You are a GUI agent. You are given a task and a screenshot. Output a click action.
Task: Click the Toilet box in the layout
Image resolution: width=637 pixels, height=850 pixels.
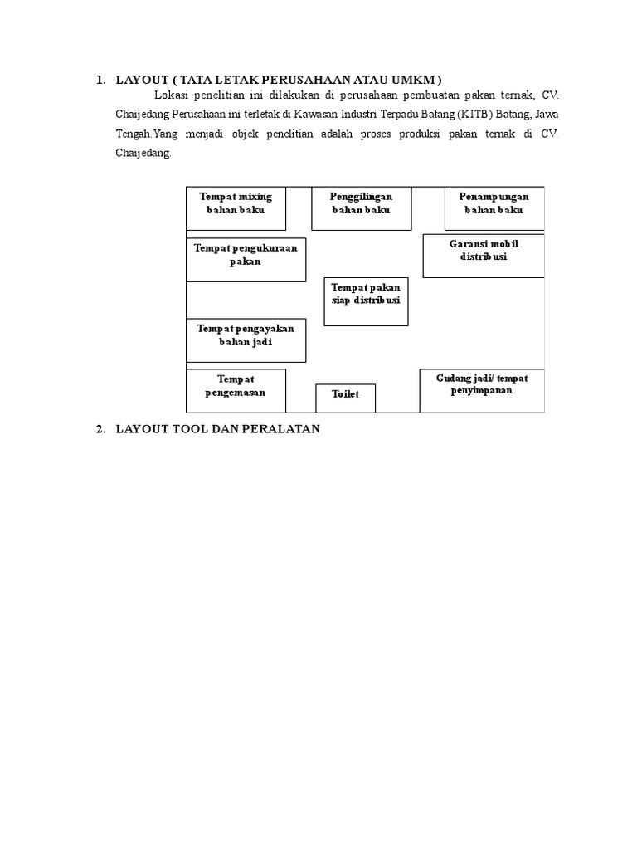(x=345, y=398)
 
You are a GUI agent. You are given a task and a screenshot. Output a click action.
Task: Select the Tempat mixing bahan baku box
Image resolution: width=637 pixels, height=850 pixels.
(x=236, y=208)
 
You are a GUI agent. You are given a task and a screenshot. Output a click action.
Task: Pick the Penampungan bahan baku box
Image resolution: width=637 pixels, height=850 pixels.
(x=494, y=208)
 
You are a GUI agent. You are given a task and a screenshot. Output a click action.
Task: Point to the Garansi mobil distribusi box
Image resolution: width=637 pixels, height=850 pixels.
(x=484, y=256)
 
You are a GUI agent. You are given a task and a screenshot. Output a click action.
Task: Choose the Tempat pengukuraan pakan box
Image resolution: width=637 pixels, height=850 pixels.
(x=246, y=259)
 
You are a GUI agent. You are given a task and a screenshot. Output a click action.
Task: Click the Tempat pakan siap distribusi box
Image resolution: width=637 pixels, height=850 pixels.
(x=366, y=301)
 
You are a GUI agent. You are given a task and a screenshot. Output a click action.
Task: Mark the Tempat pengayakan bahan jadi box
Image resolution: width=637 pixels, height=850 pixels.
(x=246, y=340)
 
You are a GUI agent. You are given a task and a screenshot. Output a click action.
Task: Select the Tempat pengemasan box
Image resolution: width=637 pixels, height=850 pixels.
(x=236, y=390)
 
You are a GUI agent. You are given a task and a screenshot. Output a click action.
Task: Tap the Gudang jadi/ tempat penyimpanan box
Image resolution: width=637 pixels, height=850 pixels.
(x=482, y=390)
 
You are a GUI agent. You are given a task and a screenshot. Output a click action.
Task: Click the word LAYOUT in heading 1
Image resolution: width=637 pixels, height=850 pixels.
(x=141, y=80)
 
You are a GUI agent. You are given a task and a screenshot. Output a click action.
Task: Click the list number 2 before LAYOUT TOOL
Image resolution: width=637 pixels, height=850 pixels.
(x=100, y=429)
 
